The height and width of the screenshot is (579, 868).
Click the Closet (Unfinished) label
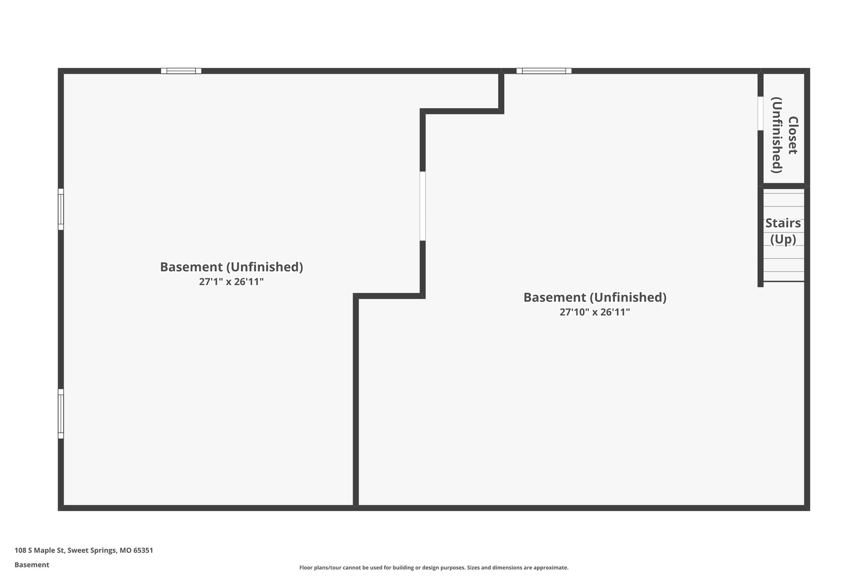784,135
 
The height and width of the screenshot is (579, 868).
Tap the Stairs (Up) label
783,231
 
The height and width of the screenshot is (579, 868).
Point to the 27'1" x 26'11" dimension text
231,282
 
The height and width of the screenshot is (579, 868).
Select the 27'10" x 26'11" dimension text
595,312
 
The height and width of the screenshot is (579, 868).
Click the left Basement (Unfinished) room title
231,267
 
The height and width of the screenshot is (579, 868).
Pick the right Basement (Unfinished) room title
595,297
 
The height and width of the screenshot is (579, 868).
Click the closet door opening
760,113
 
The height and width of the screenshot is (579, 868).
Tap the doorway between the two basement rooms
422,206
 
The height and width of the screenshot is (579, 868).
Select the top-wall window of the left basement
181,71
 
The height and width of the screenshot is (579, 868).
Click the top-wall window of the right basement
544,71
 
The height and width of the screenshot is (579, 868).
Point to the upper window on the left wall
61,209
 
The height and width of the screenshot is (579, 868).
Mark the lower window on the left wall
61,414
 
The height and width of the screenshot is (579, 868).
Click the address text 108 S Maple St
39,551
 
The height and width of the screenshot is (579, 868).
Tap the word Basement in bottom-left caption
32,565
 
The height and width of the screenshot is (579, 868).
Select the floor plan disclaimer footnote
434,568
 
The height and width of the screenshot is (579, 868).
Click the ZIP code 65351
143,551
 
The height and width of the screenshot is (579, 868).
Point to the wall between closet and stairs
784,186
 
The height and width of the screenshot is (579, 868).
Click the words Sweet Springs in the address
91,551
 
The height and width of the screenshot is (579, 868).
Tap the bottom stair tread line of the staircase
784,281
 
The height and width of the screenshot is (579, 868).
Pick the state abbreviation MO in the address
125,551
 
